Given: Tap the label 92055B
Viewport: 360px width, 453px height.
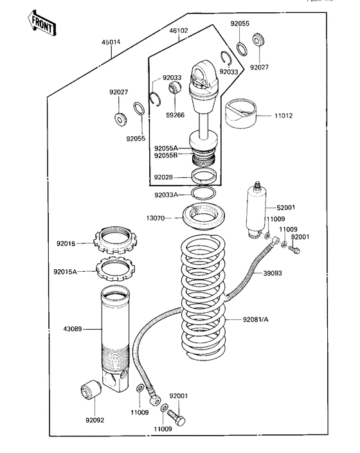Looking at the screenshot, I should [165, 155].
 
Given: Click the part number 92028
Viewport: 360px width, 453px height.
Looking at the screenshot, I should [164, 177].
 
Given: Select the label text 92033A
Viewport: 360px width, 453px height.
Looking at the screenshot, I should [166, 195].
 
